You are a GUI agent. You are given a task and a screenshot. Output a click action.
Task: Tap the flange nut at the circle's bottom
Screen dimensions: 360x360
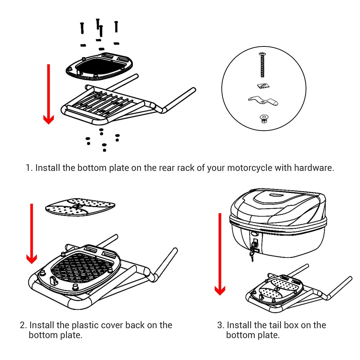263,119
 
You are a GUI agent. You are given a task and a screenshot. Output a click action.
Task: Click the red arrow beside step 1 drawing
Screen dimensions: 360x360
48,94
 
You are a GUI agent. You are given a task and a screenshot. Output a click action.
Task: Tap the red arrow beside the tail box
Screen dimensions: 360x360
220,252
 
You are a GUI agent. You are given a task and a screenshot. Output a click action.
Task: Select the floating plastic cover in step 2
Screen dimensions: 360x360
80,207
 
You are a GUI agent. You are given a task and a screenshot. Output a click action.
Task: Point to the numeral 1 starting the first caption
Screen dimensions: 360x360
28,168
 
